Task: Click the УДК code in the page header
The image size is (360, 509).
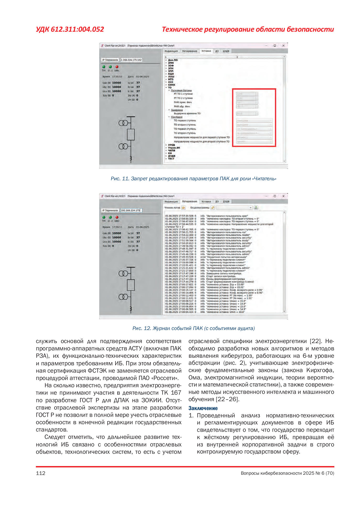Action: click(70, 29)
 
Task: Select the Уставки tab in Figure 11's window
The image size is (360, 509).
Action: click(206, 51)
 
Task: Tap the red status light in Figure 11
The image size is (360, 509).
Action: click(117, 67)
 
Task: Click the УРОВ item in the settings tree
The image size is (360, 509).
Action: click(171, 145)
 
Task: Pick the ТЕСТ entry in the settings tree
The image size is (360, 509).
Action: click(171, 159)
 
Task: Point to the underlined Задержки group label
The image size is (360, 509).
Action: click(177, 110)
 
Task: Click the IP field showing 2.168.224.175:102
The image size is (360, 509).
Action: click(131, 60)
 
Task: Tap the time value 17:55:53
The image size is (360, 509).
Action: click(117, 77)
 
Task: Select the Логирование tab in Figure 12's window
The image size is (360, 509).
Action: click(190, 202)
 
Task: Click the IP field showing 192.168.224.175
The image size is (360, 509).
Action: click(131, 210)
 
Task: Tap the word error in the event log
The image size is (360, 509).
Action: click(203, 257)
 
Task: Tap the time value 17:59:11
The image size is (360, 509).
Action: click(117, 227)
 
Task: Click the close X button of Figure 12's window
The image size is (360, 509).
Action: click(283, 196)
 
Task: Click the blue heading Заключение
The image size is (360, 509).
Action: click(203, 408)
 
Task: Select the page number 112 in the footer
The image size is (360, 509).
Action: click(41, 473)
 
